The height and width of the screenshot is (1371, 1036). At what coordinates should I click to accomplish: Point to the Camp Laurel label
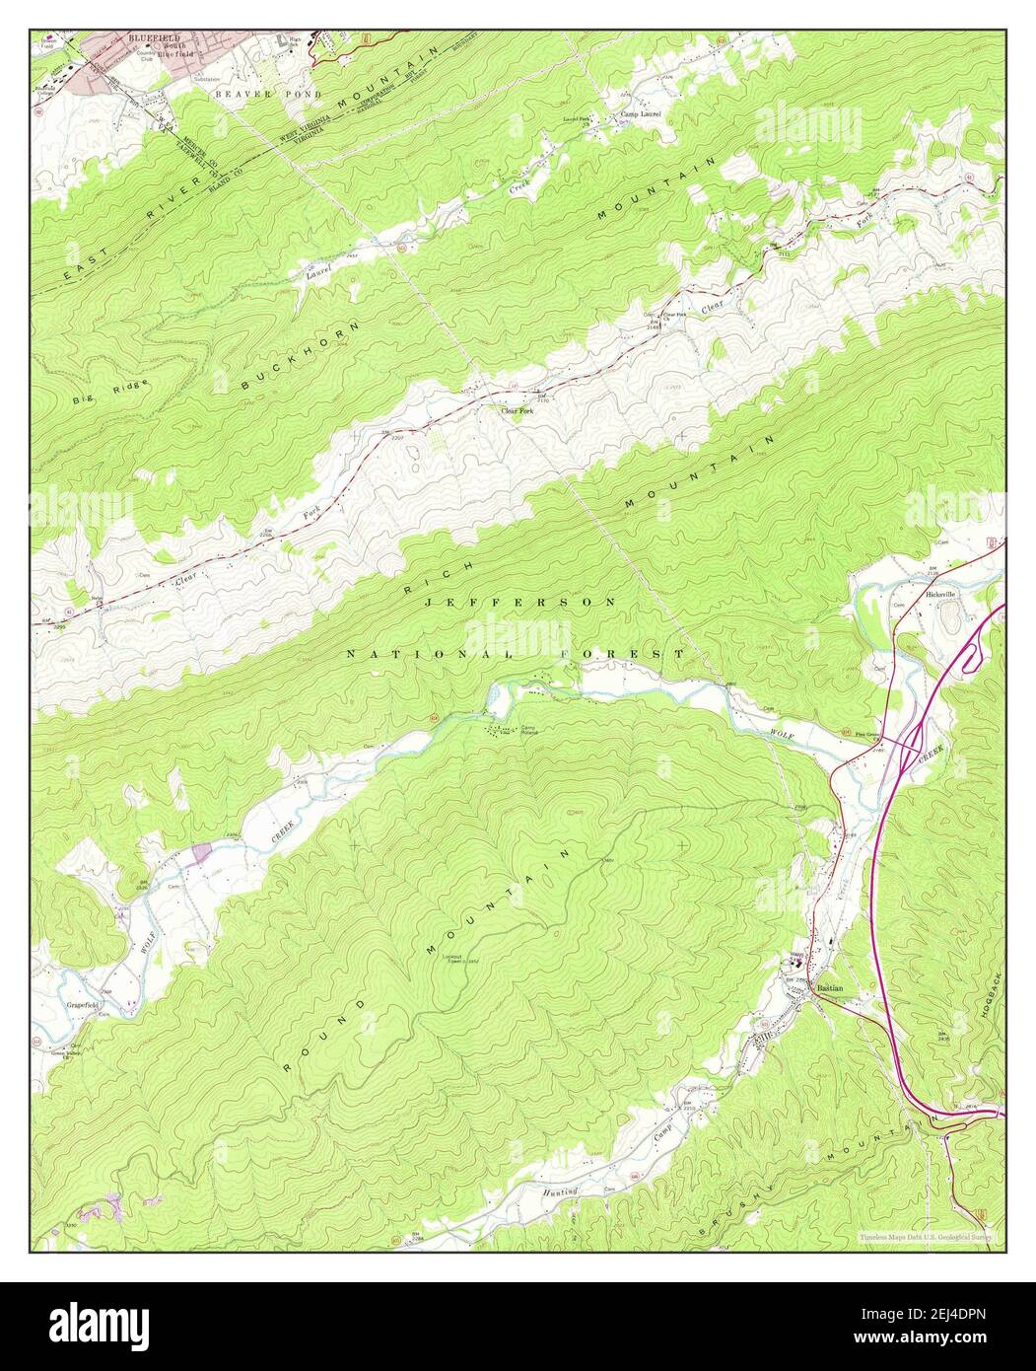[640, 114]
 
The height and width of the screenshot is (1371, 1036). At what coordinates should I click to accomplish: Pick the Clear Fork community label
[517, 410]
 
